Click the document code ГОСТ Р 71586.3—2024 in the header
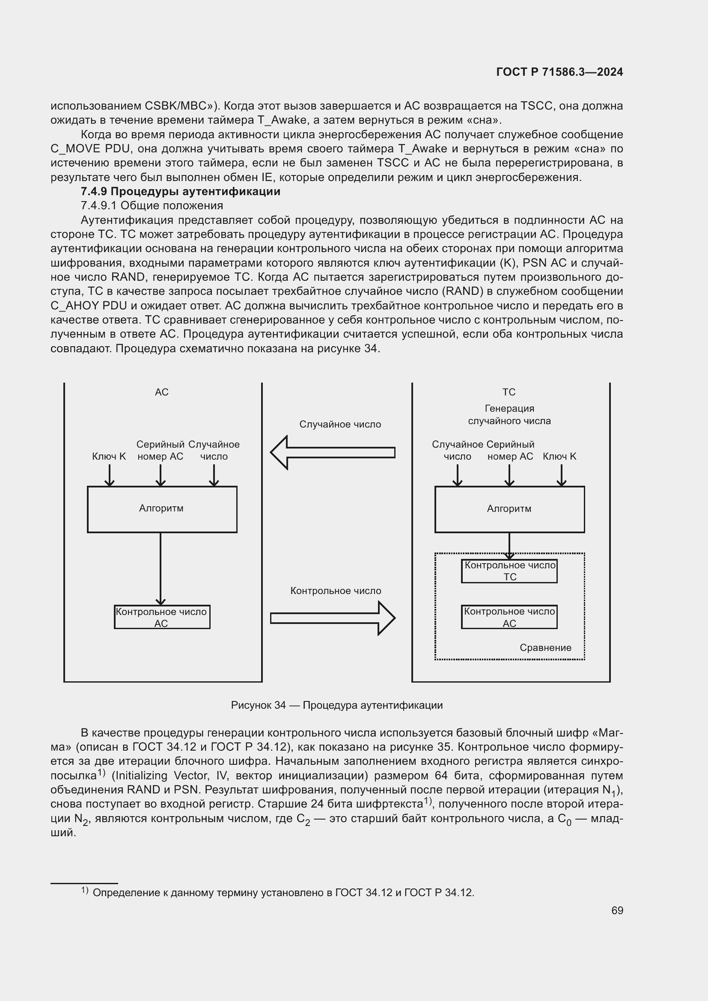559,72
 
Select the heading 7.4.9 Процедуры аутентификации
181,191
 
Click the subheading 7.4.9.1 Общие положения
152,205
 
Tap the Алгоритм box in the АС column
162,509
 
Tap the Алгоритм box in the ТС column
509,509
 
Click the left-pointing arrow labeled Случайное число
332,452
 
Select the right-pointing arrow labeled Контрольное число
332,618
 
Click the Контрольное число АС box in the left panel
162,617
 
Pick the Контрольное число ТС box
509,571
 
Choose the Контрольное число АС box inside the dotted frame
509,617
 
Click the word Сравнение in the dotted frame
545,648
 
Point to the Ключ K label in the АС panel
109,457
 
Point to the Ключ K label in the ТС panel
559,457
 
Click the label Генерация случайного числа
509,415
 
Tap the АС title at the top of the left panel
162,392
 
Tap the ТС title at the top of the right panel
509,392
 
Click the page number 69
617,910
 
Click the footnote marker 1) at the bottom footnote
85,891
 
